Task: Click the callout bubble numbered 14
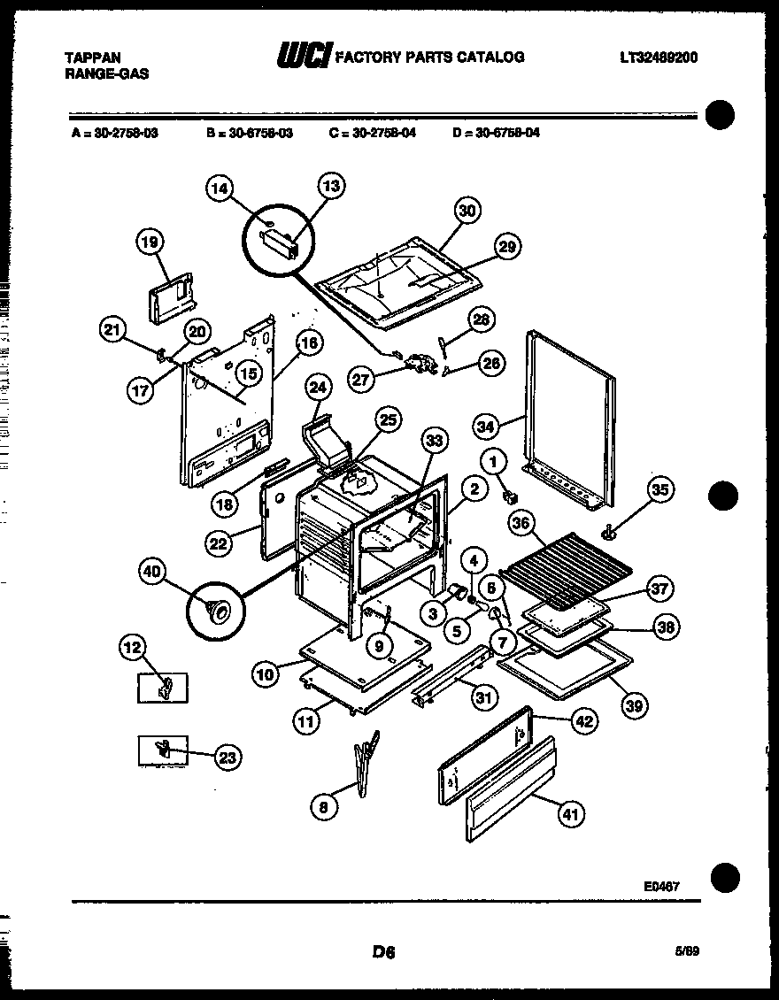point(220,188)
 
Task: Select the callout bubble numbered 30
point(467,211)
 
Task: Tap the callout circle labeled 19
point(151,242)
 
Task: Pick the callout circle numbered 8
point(325,805)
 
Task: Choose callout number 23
point(228,757)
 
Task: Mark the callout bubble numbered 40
point(155,574)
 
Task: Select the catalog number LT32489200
point(659,58)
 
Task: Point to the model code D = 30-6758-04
point(496,134)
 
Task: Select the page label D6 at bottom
point(383,952)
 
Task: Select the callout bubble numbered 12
point(132,649)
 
